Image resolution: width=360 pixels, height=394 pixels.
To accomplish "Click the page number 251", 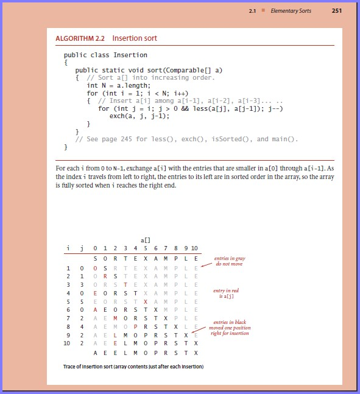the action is (x=336, y=11).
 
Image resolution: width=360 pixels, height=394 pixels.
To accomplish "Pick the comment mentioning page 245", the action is (x=187, y=139).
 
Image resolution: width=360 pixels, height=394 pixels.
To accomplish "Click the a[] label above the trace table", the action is (x=145, y=241).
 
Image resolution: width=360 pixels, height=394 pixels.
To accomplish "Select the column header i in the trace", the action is (x=68, y=248).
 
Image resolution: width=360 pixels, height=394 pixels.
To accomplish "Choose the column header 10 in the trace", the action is (x=194, y=248).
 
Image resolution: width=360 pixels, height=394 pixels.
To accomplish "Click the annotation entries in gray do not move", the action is (x=229, y=262).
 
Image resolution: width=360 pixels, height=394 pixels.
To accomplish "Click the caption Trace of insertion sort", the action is (x=133, y=367).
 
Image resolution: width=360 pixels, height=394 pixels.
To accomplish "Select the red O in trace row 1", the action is (x=95, y=267).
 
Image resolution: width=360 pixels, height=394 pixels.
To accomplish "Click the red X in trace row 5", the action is (x=145, y=301).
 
